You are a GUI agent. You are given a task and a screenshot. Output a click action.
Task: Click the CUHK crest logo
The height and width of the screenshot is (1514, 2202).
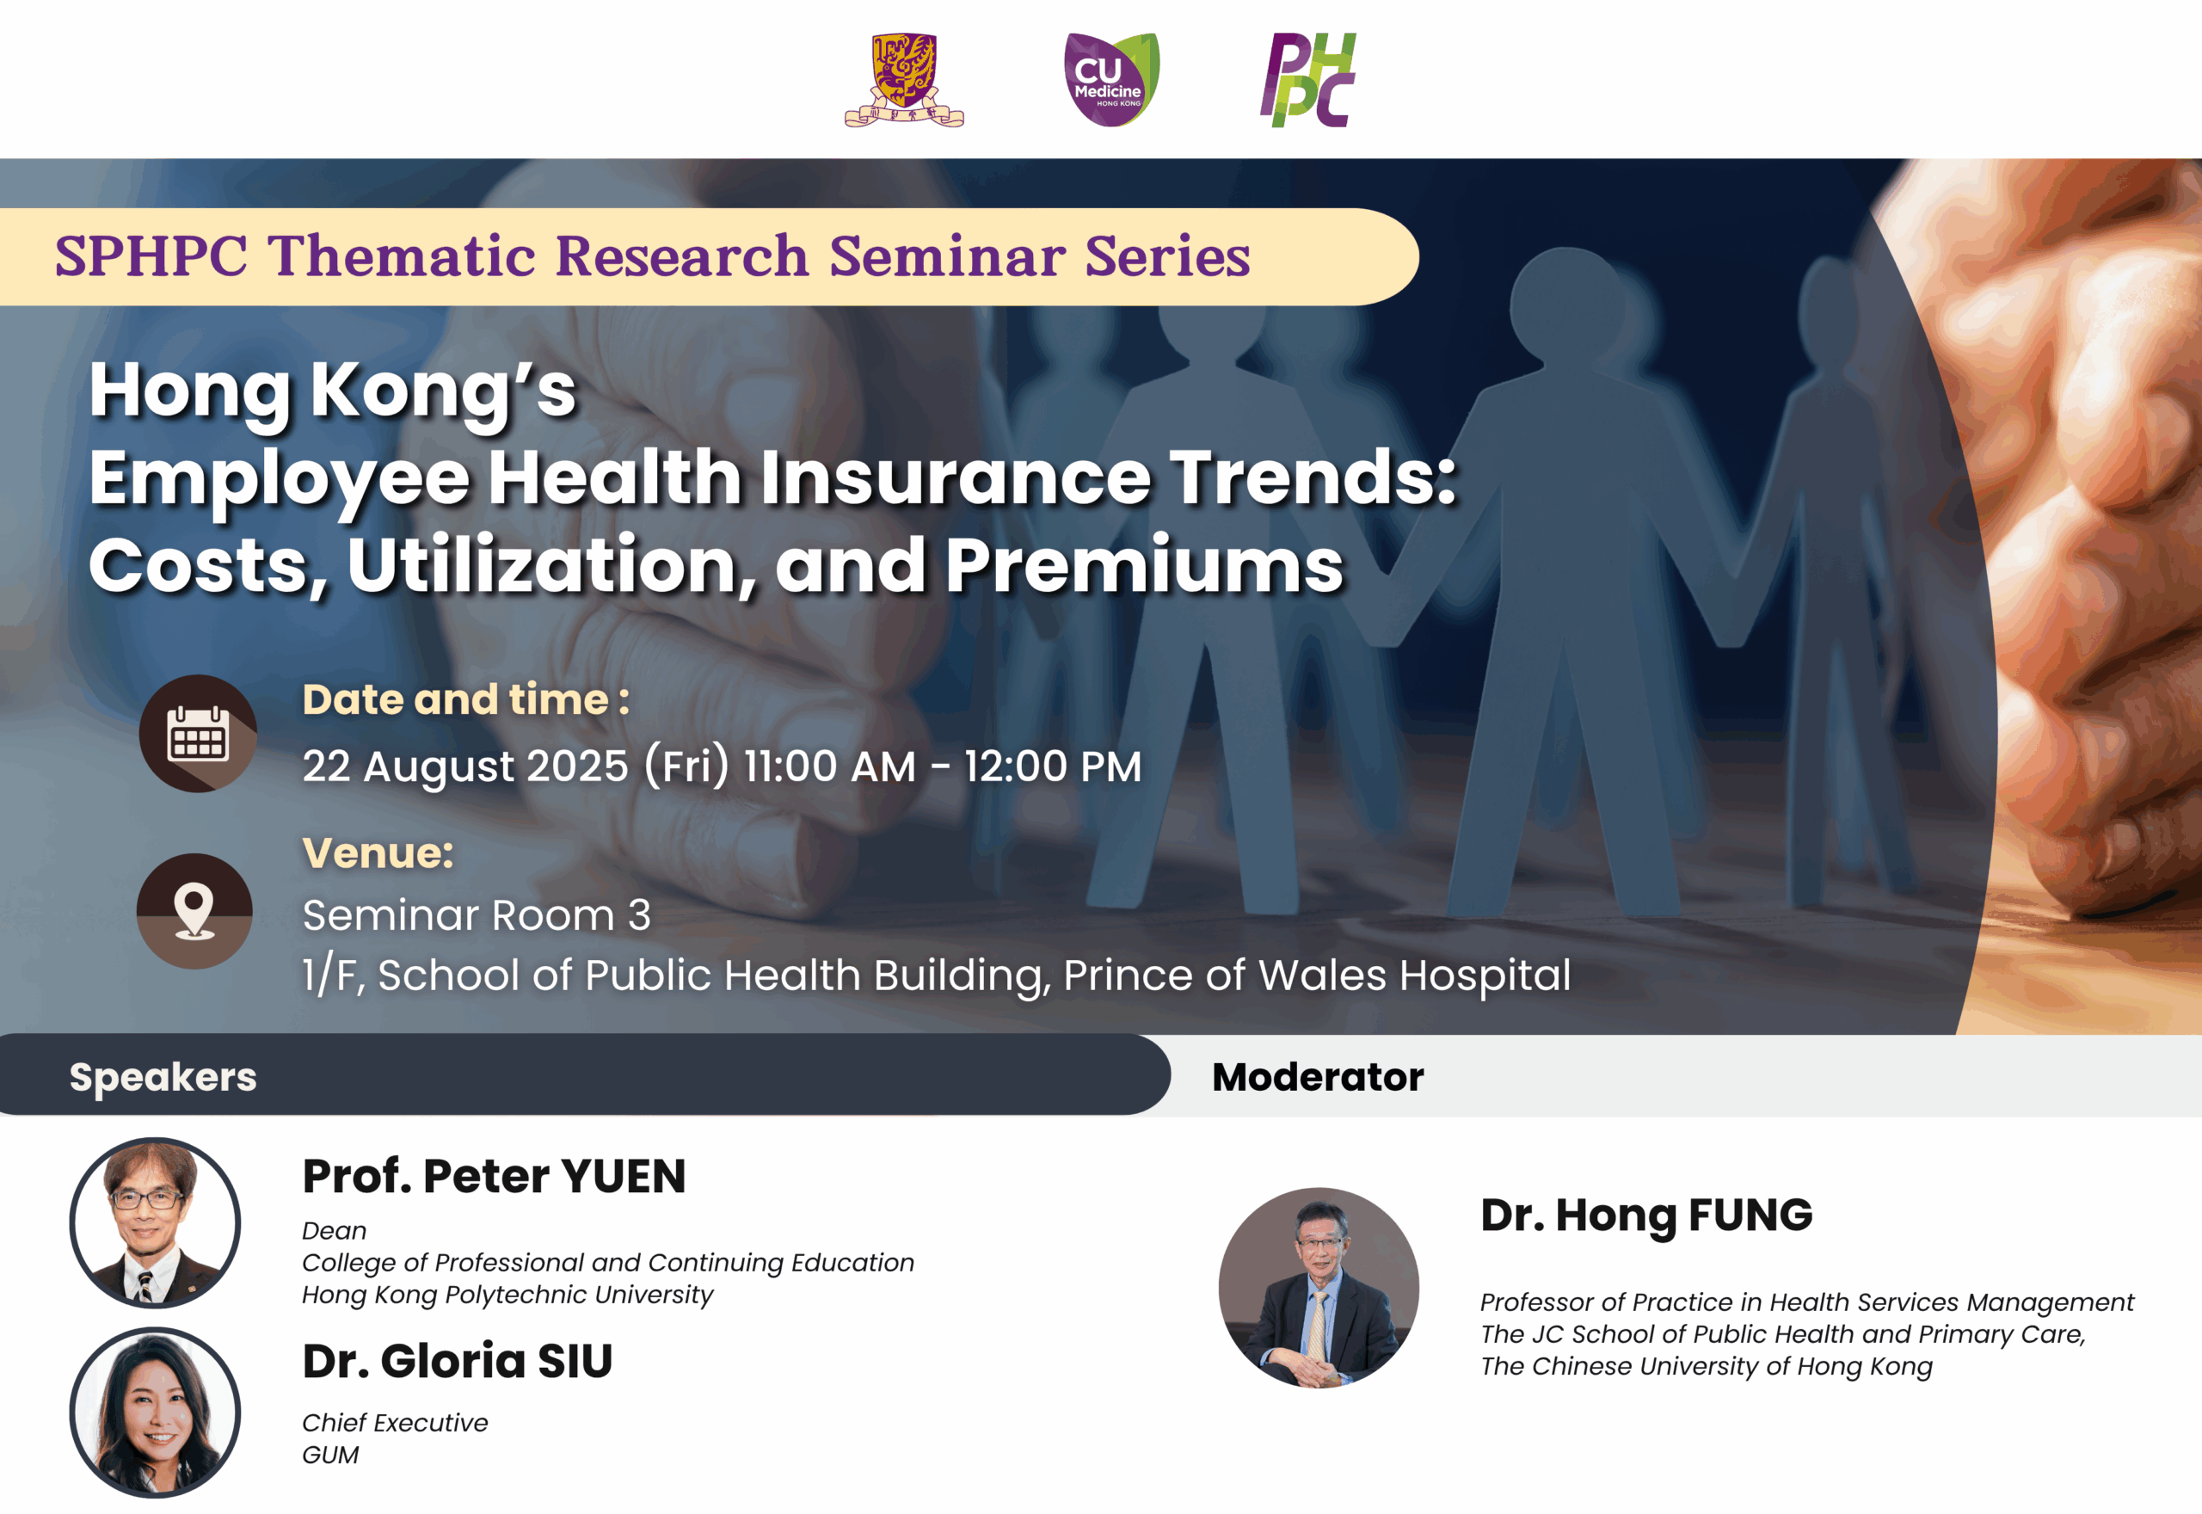[x=904, y=80]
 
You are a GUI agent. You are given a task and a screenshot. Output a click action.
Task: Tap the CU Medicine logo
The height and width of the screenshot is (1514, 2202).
[x=1111, y=80]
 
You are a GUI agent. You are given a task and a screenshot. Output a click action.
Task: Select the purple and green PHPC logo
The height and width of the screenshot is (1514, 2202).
[x=1308, y=80]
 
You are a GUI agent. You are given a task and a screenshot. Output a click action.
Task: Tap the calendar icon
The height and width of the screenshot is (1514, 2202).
[x=198, y=733]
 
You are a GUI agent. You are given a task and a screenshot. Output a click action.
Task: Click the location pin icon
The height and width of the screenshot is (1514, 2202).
[x=194, y=911]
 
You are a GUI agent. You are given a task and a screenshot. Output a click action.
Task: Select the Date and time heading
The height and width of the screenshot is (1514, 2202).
[x=465, y=700]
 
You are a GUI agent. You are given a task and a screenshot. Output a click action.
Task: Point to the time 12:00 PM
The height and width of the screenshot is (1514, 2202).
[x=1053, y=766]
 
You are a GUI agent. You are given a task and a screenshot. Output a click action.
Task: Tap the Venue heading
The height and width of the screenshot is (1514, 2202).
[x=378, y=852]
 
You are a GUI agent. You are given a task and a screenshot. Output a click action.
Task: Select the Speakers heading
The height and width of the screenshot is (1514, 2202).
[x=163, y=1077]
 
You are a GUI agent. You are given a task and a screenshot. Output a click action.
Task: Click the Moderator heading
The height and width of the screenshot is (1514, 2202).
[x=1318, y=1077]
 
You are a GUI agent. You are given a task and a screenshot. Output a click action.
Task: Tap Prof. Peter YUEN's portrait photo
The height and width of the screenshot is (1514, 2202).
[x=155, y=1222]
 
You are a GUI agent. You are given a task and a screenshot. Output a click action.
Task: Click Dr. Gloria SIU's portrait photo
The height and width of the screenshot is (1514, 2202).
[x=155, y=1412]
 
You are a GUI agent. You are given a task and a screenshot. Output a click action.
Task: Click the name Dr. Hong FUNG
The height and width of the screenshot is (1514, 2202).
[x=1646, y=1216]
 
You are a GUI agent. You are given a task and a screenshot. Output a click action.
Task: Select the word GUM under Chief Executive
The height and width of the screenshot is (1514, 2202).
[x=331, y=1456]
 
